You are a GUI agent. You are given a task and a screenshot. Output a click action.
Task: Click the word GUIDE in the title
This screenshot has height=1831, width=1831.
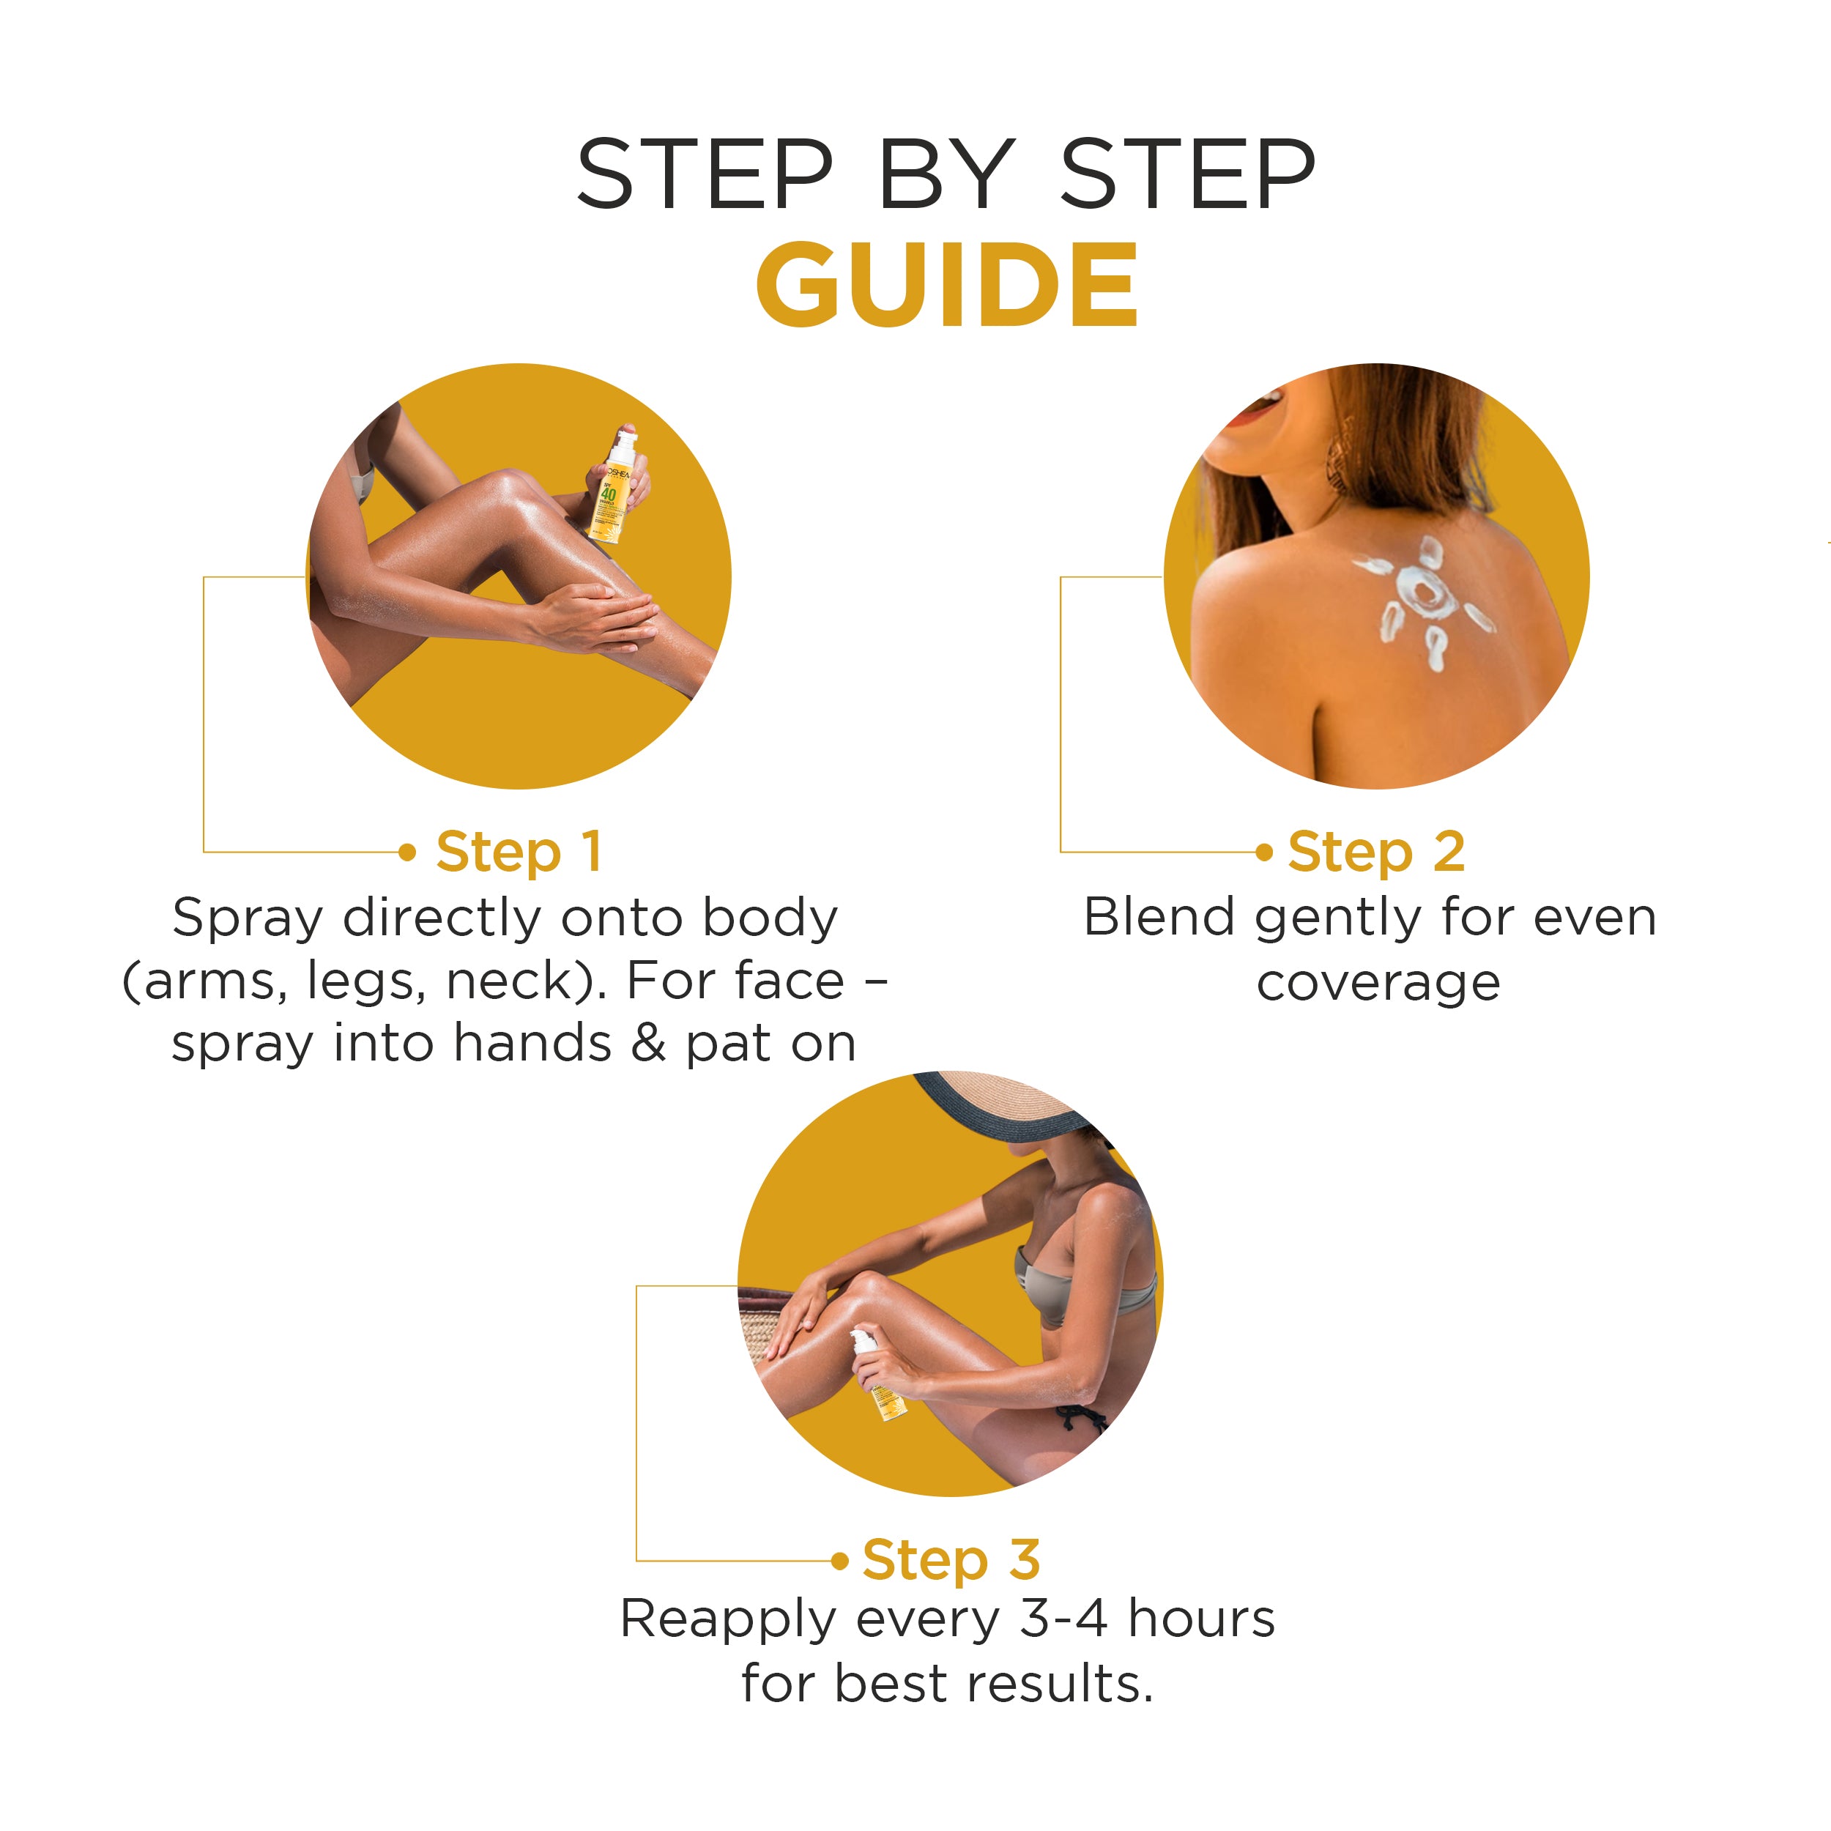pos(947,283)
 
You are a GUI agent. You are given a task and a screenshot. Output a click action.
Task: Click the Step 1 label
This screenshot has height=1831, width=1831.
pos(519,852)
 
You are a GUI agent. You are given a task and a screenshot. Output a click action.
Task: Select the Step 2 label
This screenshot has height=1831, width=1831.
pos(1376,852)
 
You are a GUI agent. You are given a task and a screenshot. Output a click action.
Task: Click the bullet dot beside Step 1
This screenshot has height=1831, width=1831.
pos(407,852)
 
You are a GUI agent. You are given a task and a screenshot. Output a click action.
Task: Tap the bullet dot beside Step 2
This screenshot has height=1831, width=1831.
pos(1263,852)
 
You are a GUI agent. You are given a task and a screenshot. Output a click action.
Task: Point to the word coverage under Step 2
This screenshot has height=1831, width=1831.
pos(1379,984)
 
